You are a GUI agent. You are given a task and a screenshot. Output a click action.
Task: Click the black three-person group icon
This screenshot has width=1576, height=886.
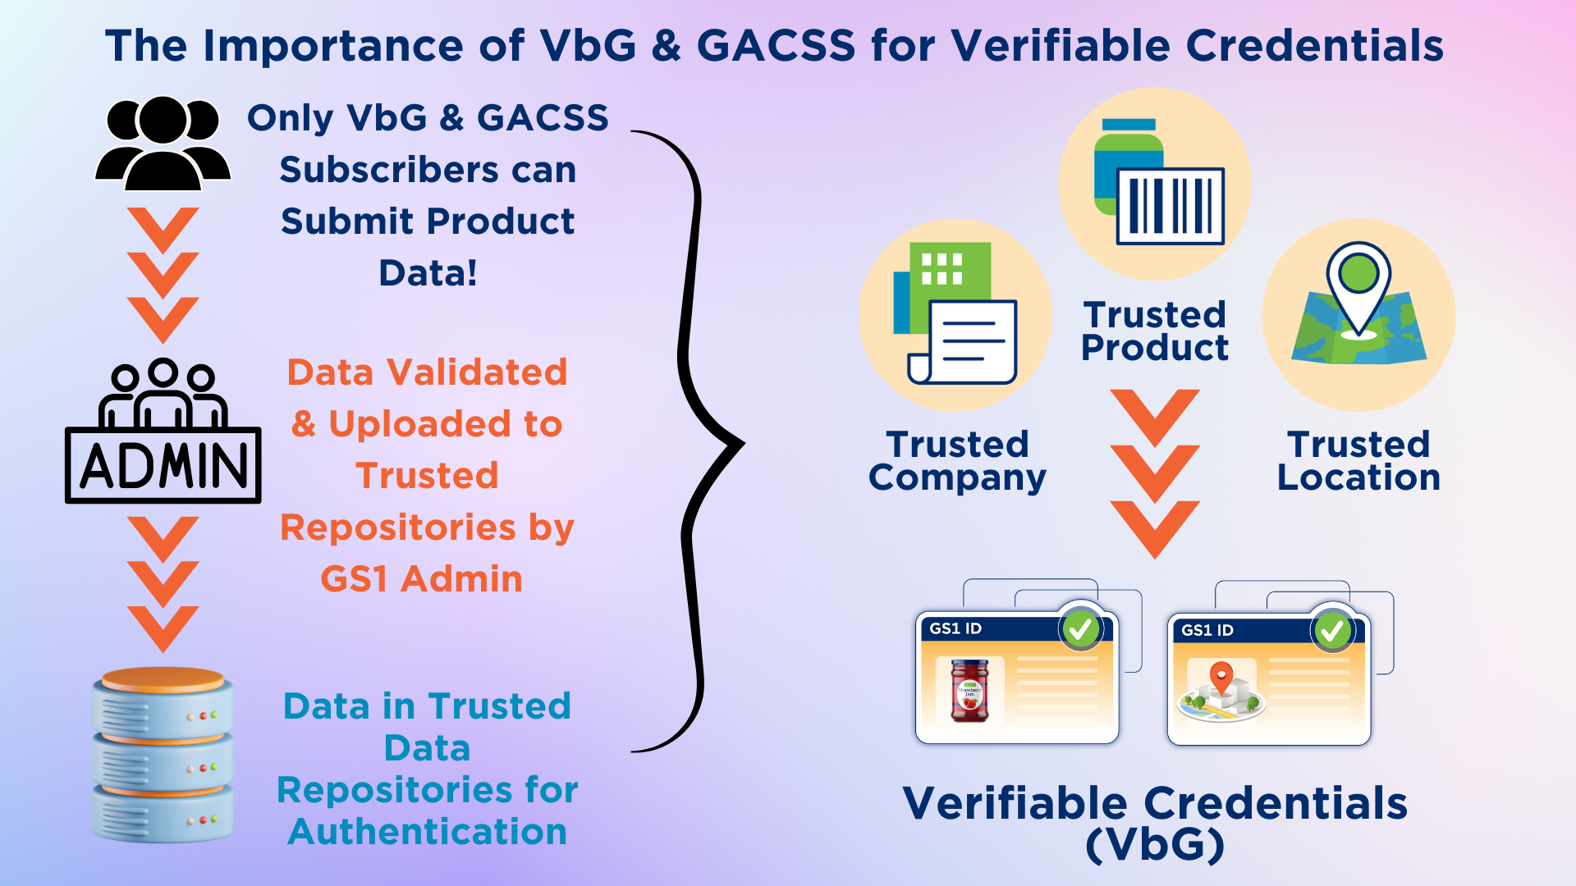click(163, 144)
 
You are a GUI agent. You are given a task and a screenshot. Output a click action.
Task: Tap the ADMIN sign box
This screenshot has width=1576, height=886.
click(163, 465)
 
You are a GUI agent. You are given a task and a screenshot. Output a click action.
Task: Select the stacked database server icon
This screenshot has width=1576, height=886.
click(163, 755)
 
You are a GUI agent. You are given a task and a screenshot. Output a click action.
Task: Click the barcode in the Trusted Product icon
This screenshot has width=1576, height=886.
click(1170, 206)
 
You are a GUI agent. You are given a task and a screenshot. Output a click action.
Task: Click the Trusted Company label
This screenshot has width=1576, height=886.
click(957, 461)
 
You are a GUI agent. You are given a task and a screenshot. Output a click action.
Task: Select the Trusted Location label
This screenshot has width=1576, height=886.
click(1358, 461)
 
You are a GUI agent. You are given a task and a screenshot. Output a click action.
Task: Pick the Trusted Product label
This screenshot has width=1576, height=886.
click(1155, 331)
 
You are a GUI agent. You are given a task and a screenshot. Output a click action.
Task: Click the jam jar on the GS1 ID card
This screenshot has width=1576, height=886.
click(969, 691)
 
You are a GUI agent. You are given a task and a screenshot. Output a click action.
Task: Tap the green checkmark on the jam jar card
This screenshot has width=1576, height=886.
click(1080, 629)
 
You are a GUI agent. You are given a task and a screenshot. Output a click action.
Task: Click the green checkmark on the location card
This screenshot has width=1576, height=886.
click(1332, 631)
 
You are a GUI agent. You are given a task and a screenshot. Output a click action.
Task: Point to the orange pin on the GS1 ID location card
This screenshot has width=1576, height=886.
click(1221, 678)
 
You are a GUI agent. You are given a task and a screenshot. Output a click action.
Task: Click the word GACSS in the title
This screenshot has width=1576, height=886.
click(776, 45)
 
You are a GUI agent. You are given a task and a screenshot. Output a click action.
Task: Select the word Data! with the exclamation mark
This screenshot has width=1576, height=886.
click(428, 273)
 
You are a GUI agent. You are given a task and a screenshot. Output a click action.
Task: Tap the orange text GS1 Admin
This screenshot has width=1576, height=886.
click(421, 579)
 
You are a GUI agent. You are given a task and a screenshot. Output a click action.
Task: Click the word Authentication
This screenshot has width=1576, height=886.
click(428, 832)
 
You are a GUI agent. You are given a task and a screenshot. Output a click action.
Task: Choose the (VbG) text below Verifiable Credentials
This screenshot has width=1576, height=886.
click(1155, 845)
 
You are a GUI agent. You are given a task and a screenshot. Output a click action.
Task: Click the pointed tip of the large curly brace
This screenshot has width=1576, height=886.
click(742, 445)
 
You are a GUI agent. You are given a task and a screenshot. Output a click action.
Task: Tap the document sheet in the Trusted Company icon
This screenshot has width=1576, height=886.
click(963, 341)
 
